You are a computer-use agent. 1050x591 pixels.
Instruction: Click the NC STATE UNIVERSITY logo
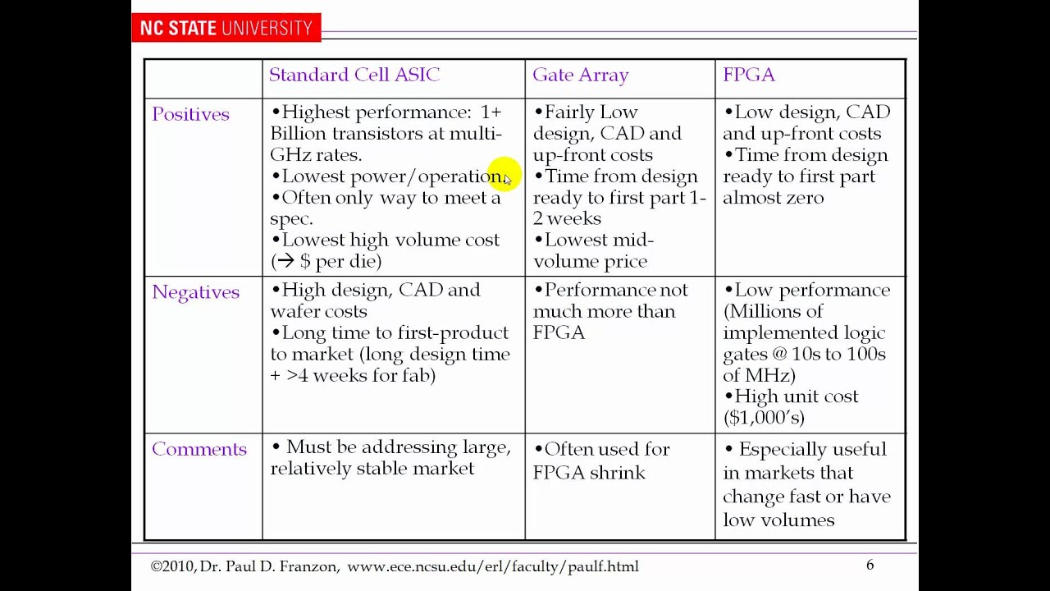coord(226,28)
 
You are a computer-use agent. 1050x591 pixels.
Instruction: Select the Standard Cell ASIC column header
coord(354,75)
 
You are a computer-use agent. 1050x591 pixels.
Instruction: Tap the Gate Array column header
coord(581,75)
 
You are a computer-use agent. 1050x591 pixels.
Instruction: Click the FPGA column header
coord(748,75)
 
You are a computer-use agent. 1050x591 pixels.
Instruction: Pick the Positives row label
coord(190,114)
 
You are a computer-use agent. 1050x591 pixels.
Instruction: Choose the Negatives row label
coord(195,292)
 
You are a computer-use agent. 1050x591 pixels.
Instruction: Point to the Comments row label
coord(199,449)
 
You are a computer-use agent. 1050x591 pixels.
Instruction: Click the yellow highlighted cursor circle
coord(502,176)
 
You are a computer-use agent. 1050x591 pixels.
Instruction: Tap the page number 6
coord(870,565)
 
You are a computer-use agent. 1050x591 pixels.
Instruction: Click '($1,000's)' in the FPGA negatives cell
coord(764,417)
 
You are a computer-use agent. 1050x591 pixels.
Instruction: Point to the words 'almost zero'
coord(773,197)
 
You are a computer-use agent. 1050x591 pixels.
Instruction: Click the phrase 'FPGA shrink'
coord(588,473)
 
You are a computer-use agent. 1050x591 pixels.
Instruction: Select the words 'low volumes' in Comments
coord(778,520)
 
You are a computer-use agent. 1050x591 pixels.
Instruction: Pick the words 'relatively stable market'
coord(372,468)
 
